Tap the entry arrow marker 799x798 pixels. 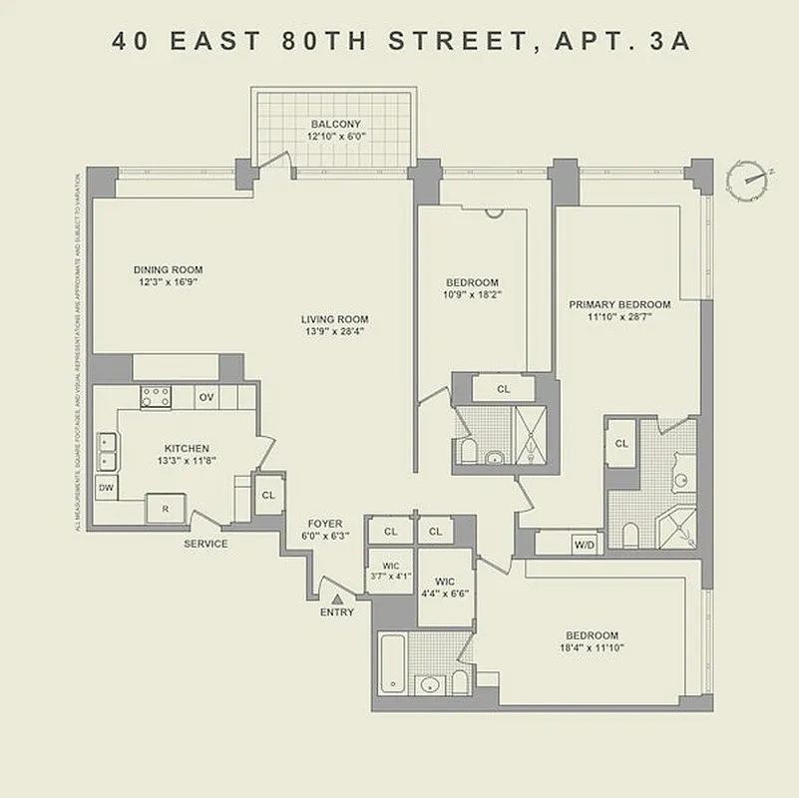point(337,598)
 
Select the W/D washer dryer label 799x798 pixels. point(583,545)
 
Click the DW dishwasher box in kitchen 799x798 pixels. point(105,487)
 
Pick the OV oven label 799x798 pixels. point(206,397)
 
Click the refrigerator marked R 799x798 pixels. point(166,509)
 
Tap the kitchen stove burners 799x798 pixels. point(155,397)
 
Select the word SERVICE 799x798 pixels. point(205,544)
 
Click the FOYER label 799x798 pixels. point(325,524)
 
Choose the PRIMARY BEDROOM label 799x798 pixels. point(619,304)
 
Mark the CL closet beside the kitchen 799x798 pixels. point(268,495)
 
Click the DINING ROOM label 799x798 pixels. point(169,269)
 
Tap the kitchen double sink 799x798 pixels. point(106,451)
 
